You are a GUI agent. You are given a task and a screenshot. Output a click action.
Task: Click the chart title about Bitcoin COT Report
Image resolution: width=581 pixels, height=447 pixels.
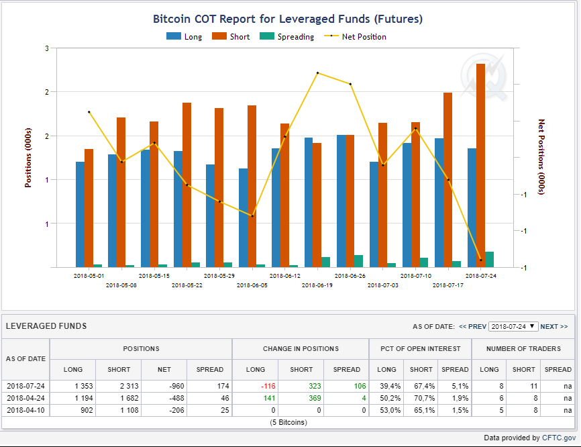click(288, 19)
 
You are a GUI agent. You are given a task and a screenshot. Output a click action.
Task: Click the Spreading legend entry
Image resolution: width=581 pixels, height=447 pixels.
click(286, 37)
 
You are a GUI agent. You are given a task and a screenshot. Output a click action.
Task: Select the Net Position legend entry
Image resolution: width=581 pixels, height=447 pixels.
click(355, 37)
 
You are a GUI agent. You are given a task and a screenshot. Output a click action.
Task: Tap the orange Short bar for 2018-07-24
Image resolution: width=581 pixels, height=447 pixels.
click(480, 165)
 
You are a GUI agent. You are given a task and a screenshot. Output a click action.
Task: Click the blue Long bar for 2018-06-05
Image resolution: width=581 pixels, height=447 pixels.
click(243, 218)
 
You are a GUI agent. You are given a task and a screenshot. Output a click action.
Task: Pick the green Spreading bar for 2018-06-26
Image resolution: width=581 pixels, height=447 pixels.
click(359, 261)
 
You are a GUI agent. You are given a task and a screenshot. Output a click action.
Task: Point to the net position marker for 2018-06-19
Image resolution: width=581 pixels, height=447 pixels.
click(318, 73)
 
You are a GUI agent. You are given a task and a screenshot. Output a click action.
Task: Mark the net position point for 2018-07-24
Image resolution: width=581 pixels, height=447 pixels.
click(481, 260)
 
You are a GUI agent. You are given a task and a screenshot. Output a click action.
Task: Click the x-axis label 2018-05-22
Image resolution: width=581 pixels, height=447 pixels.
click(187, 285)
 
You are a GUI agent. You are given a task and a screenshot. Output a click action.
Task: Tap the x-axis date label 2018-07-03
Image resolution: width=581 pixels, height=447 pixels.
click(383, 285)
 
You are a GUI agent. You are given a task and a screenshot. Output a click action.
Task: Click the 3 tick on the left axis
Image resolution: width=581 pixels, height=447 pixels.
click(47, 48)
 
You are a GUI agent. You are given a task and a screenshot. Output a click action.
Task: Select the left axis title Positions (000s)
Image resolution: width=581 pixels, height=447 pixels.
click(28, 158)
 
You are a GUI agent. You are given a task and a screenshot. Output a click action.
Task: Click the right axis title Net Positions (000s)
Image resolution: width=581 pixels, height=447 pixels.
click(541, 157)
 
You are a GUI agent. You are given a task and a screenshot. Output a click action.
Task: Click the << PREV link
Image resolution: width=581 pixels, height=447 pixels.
click(472, 327)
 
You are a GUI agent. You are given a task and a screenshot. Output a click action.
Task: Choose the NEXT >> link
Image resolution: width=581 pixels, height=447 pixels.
click(554, 327)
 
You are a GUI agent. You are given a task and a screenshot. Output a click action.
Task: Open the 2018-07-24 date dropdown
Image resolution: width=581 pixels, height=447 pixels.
click(513, 327)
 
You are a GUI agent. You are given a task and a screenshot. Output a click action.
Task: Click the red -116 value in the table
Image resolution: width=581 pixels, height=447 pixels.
click(268, 386)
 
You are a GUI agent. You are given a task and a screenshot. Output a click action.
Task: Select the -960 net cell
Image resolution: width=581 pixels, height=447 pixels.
click(176, 386)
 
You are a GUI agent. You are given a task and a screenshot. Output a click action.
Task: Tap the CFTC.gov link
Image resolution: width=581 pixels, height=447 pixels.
click(559, 438)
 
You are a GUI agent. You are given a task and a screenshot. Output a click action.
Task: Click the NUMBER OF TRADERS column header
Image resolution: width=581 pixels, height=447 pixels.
click(523, 349)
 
